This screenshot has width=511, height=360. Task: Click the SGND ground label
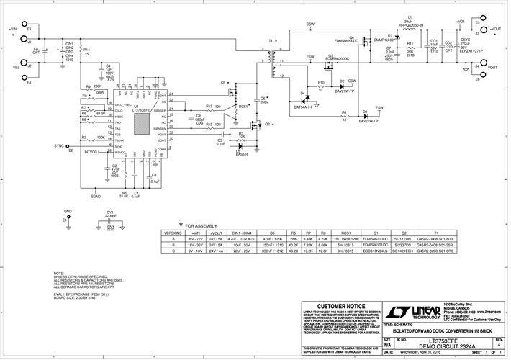(96, 196)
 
